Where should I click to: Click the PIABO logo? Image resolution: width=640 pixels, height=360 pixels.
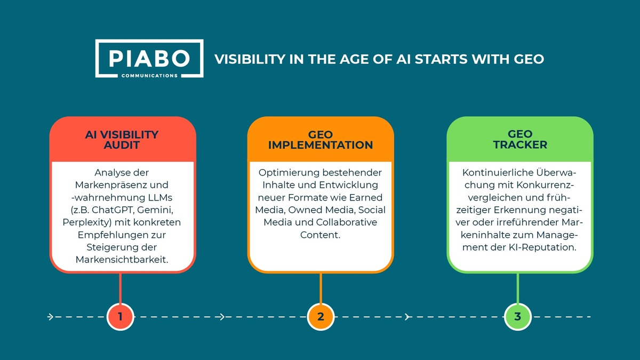click(149, 58)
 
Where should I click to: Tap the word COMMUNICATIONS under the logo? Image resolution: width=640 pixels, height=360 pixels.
click(149, 76)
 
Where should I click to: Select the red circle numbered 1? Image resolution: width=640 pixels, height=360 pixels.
click(120, 317)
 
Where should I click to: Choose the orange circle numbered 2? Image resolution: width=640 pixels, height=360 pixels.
click(320, 317)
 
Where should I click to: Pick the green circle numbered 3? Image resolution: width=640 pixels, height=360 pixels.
click(517, 317)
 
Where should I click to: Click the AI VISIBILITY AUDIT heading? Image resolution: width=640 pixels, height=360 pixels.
click(122, 140)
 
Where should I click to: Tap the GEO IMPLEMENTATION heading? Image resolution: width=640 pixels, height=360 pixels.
click(321, 140)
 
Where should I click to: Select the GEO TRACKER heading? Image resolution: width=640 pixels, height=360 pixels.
click(519, 140)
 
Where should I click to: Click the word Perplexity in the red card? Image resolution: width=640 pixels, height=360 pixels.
click(86, 221)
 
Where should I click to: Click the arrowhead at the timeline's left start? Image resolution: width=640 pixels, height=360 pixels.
click(50, 317)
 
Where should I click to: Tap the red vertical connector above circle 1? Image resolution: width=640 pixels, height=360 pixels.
click(120, 288)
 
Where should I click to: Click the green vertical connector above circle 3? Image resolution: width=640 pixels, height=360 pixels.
click(517, 288)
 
